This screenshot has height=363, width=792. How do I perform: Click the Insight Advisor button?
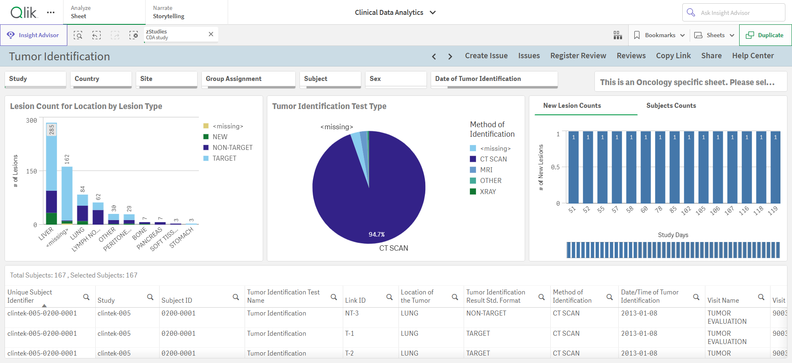click(33, 35)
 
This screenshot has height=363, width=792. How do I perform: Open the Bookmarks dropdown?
click(659, 35)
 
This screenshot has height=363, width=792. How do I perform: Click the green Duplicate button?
click(765, 35)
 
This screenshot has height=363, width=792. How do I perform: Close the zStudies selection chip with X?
click(211, 34)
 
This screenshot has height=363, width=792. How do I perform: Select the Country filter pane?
click(101, 79)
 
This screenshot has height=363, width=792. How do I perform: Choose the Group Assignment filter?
click(248, 79)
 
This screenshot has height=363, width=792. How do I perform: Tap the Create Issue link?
click(486, 56)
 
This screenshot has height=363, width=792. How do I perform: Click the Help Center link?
click(753, 56)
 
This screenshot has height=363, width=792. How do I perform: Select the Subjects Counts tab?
click(671, 106)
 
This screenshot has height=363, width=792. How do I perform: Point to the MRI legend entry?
click(481, 170)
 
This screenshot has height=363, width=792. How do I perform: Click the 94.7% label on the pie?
click(377, 235)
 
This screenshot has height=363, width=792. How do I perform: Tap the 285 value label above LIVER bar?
click(52, 130)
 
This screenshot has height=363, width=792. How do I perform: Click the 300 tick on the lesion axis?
click(31, 121)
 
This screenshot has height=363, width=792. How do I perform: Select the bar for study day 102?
click(689, 167)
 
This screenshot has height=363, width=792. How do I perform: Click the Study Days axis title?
click(673, 235)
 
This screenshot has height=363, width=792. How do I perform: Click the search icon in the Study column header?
click(150, 297)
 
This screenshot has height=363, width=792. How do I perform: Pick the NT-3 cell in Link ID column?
click(352, 313)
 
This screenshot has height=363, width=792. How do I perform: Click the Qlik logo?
click(24, 12)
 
